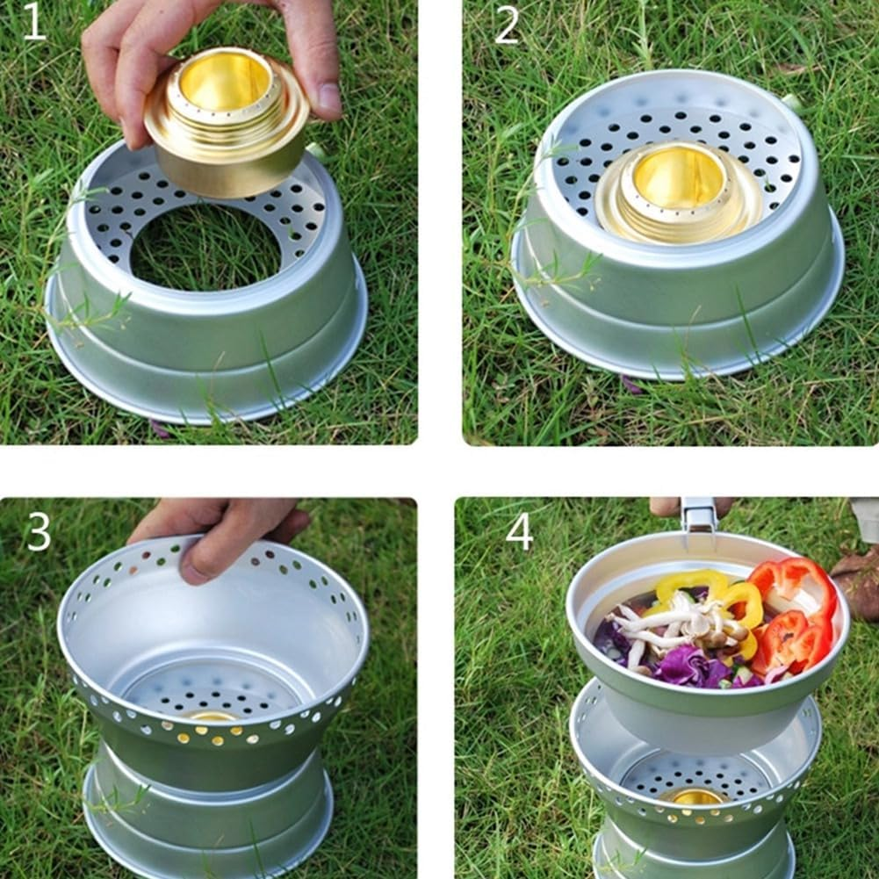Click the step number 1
pyautogui.click(x=33, y=23)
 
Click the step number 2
pyautogui.click(x=507, y=25)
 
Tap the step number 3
pyautogui.click(x=38, y=530)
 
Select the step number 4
pyautogui.click(x=519, y=530)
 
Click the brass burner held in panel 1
pyautogui.click(x=227, y=123)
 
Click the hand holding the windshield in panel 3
pyautogui.click(x=220, y=531)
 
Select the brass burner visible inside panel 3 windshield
pyautogui.click(x=211, y=716)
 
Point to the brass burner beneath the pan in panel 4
pyautogui.click(x=694, y=796)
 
